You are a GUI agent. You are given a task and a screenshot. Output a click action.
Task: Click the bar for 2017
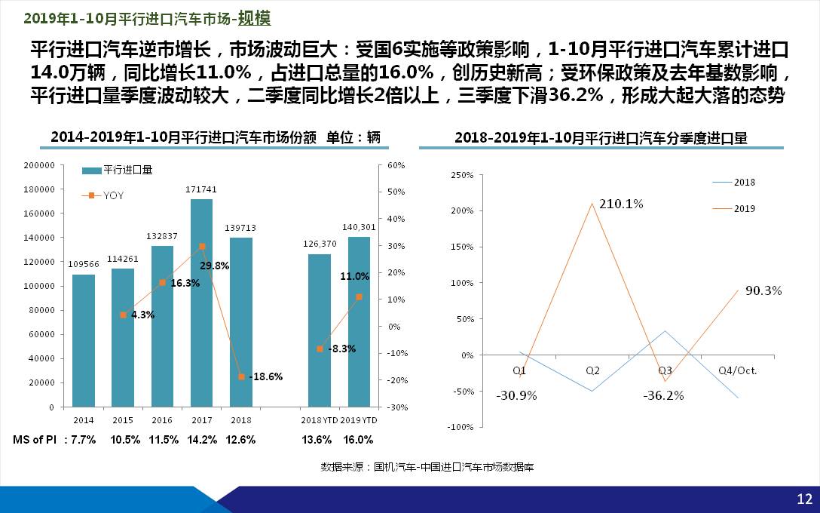click(201, 302)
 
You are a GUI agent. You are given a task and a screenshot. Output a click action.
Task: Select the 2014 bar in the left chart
click(84, 339)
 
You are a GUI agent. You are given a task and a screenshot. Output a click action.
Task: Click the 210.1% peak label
click(621, 204)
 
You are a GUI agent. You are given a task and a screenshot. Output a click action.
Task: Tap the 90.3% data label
click(764, 290)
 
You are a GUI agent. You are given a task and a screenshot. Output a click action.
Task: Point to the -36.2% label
click(663, 395)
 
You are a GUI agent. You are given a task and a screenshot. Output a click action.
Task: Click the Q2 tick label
click(592, 370)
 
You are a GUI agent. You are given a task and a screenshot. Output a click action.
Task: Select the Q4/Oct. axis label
click(737, 370)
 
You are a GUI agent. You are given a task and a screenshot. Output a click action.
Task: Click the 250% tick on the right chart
click(460, 175)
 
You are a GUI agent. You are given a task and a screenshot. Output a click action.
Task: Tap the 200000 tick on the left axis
click(38, 164)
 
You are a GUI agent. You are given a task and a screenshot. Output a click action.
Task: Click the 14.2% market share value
click(202, 440)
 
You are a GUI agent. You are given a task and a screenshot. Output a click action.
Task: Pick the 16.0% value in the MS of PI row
click(358, 440)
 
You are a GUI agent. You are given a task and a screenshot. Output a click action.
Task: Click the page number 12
click(804, 498)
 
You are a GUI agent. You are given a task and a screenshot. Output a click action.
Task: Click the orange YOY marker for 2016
click(162, 282)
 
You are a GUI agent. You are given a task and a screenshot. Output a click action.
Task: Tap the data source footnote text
click(427, 467)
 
